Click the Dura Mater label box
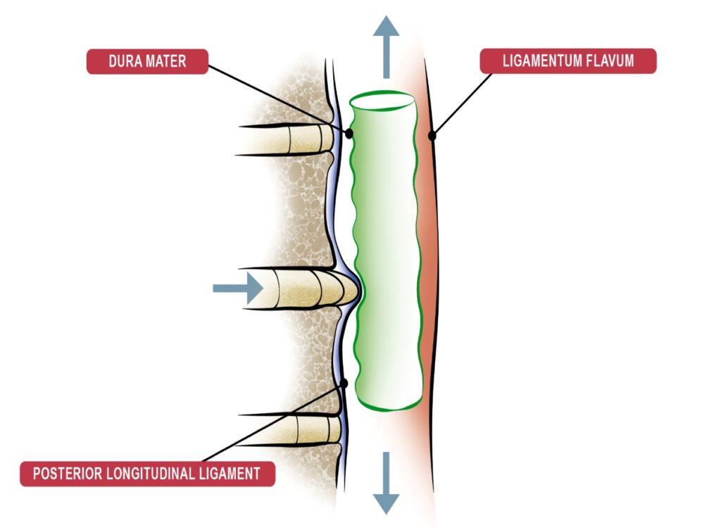point(147,61)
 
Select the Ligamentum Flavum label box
point(568,61)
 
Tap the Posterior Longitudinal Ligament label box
point(147,474)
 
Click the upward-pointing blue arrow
point(386,46)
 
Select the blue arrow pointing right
point(238,288)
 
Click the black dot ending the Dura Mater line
point(349,133)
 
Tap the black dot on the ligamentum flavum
point(432,134)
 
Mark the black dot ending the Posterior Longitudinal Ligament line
point(344,384)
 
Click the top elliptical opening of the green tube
point(381,102)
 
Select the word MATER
point(168,61)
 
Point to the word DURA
point(124,61)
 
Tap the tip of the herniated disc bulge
point(359,289)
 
